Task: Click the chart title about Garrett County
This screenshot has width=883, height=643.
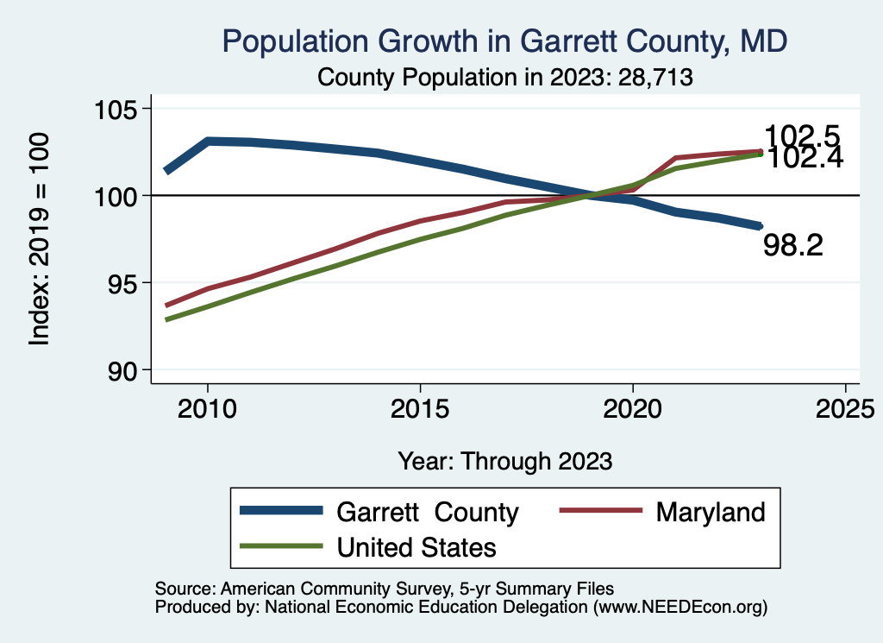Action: tap(504, 41)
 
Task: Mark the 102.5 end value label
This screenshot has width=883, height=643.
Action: tap(802, 136)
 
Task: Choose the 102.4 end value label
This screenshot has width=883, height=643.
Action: tap(805, 158)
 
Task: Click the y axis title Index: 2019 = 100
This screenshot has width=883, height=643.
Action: tap(40, 239)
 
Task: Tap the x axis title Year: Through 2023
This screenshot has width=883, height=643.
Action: tap(504, 461)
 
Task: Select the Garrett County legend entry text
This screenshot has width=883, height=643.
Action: tap(427, 512)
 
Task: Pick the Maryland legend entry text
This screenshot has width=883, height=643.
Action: tap(711, 512)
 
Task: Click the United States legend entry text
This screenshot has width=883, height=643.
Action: tap(416, 546)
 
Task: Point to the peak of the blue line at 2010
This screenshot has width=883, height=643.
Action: tap(208, 141)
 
